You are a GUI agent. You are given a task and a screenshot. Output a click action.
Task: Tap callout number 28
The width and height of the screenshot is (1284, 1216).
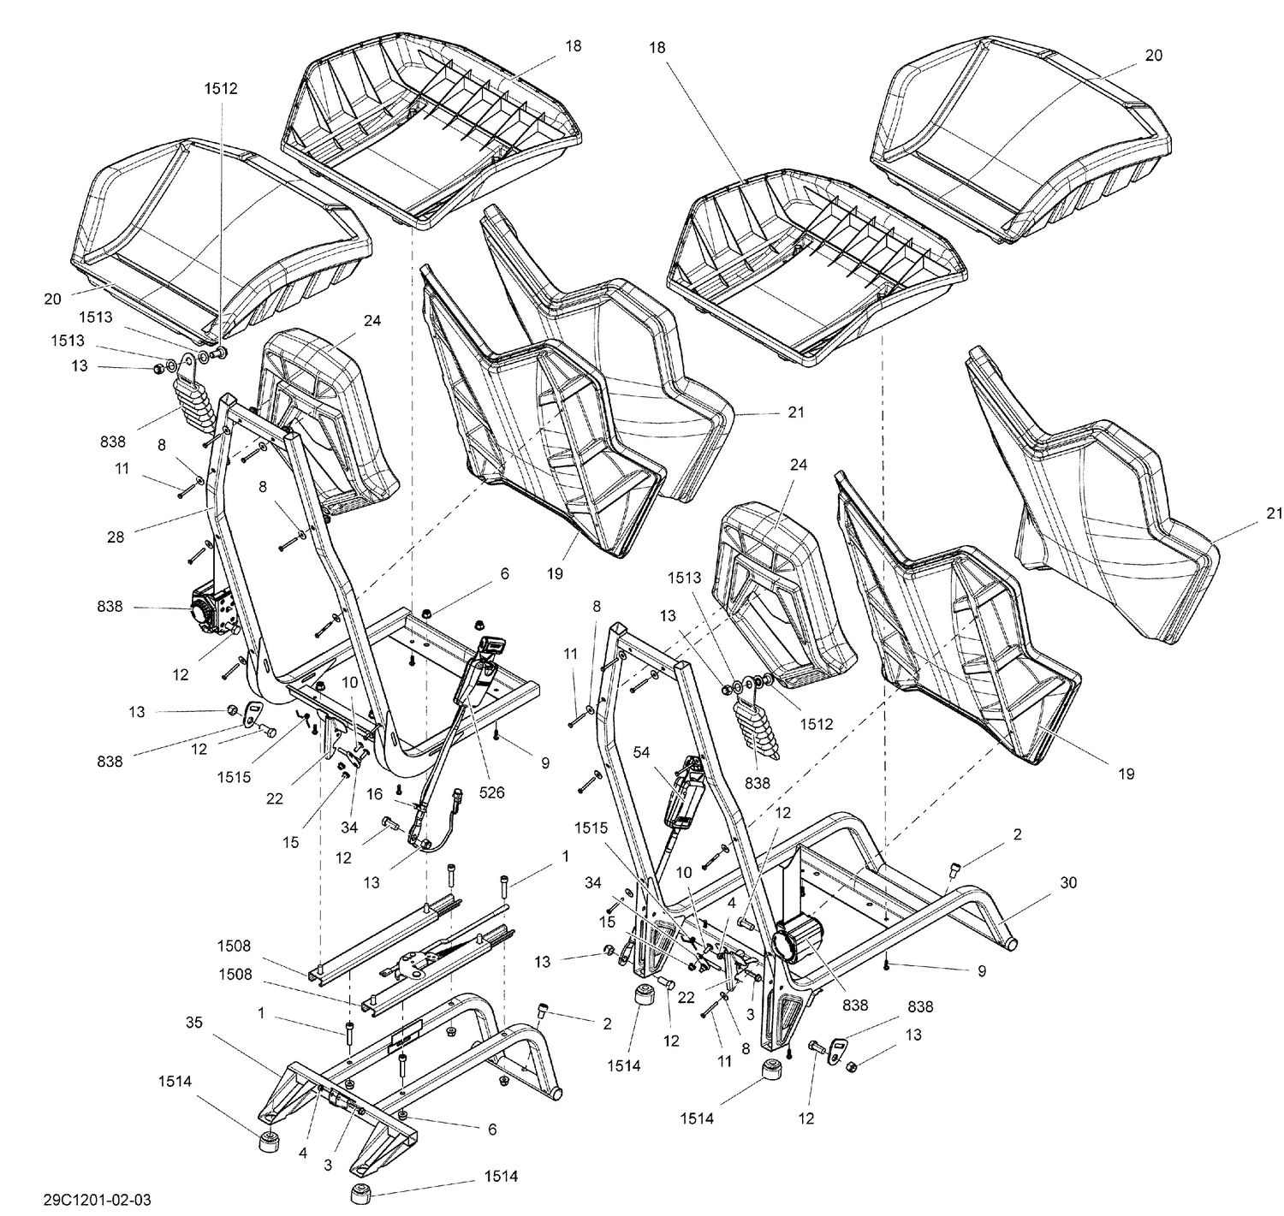tap(116, 537)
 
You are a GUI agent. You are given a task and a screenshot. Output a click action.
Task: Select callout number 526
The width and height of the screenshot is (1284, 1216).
tap(492, 792)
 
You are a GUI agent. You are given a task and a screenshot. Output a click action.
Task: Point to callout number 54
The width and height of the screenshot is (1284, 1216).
tap(642, 751)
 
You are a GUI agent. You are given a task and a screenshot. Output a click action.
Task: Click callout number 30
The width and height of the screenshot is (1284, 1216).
tap(1068, 882)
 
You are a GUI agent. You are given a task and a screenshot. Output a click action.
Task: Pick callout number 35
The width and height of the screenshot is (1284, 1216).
tap(194, 1022)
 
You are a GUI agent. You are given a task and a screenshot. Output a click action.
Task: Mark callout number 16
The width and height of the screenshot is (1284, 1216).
tap(374, 794)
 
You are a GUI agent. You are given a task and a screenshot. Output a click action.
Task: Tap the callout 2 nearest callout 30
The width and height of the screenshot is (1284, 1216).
tap(1017, 833)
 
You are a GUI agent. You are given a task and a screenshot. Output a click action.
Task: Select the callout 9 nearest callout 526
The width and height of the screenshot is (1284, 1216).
tap(545, 762)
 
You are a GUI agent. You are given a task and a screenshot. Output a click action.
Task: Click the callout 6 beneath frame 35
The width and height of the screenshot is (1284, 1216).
tap(492, 1129)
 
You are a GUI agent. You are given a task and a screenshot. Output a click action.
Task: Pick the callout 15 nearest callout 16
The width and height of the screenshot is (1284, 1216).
tap(291, 842)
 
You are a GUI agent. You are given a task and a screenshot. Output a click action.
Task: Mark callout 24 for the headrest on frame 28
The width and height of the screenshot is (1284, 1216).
tap(372, 321)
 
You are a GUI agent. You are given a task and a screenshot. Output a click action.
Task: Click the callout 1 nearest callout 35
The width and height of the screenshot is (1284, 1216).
tap(261, 1013)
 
